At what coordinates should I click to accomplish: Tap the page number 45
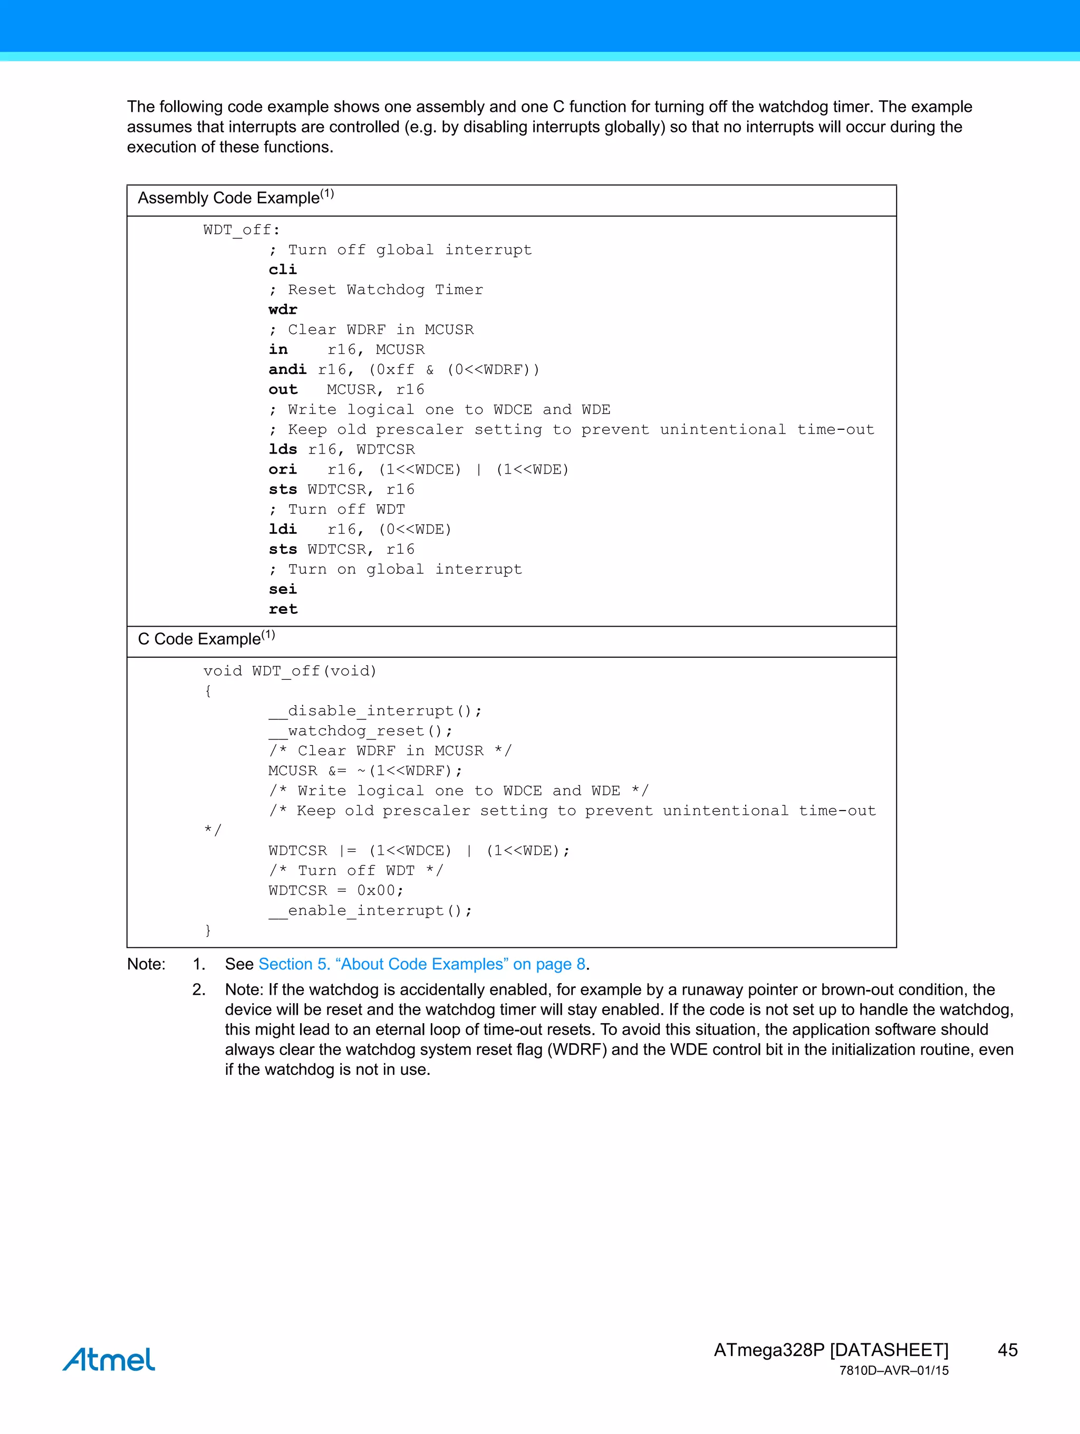1007,1350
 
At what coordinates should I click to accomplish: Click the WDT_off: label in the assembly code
241,230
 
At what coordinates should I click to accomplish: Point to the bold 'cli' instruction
283,270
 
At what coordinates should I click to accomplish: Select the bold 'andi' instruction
287,370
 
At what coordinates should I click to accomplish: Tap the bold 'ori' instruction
283,469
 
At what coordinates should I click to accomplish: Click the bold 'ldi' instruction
283,529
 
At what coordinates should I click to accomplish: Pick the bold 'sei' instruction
283,589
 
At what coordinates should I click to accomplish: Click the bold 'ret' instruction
283,609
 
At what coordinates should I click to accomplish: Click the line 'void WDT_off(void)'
290,671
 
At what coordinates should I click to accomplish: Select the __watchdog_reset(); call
360,732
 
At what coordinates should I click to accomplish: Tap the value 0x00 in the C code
376,891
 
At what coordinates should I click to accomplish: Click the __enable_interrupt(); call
370,911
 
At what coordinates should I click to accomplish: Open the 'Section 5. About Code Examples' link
422,964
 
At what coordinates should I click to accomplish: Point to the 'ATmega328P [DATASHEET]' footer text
831,1350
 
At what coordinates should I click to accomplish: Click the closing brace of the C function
207,930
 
